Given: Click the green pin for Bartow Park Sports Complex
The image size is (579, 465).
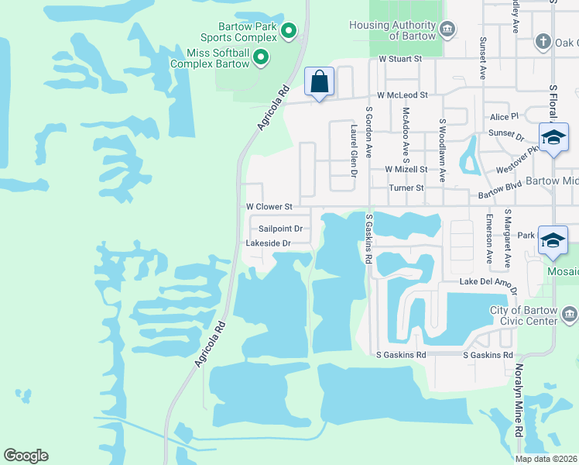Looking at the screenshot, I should (289, 31).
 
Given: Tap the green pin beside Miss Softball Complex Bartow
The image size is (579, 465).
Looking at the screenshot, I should (262, 57).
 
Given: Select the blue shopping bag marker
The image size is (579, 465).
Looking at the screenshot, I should (319, 81).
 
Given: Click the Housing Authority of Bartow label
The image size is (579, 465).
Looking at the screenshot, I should (394, 30).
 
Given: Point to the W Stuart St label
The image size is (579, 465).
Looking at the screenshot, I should (399, 59).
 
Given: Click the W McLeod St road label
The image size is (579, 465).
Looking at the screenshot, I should (402, 95).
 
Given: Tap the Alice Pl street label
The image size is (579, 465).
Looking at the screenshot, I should (504, 116).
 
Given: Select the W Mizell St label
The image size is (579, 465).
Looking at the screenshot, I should (406, 169).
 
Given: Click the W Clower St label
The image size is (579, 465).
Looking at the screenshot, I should (269, 207).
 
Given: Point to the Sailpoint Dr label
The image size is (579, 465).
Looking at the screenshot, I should (279, 229).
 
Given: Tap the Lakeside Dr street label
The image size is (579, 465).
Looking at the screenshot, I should (267, 243).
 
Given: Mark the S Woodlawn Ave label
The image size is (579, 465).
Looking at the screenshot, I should (443, 150).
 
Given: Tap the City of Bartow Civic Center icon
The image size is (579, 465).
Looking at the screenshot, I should (570, 313).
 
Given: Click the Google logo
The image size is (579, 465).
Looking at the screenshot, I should (26, 456).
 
